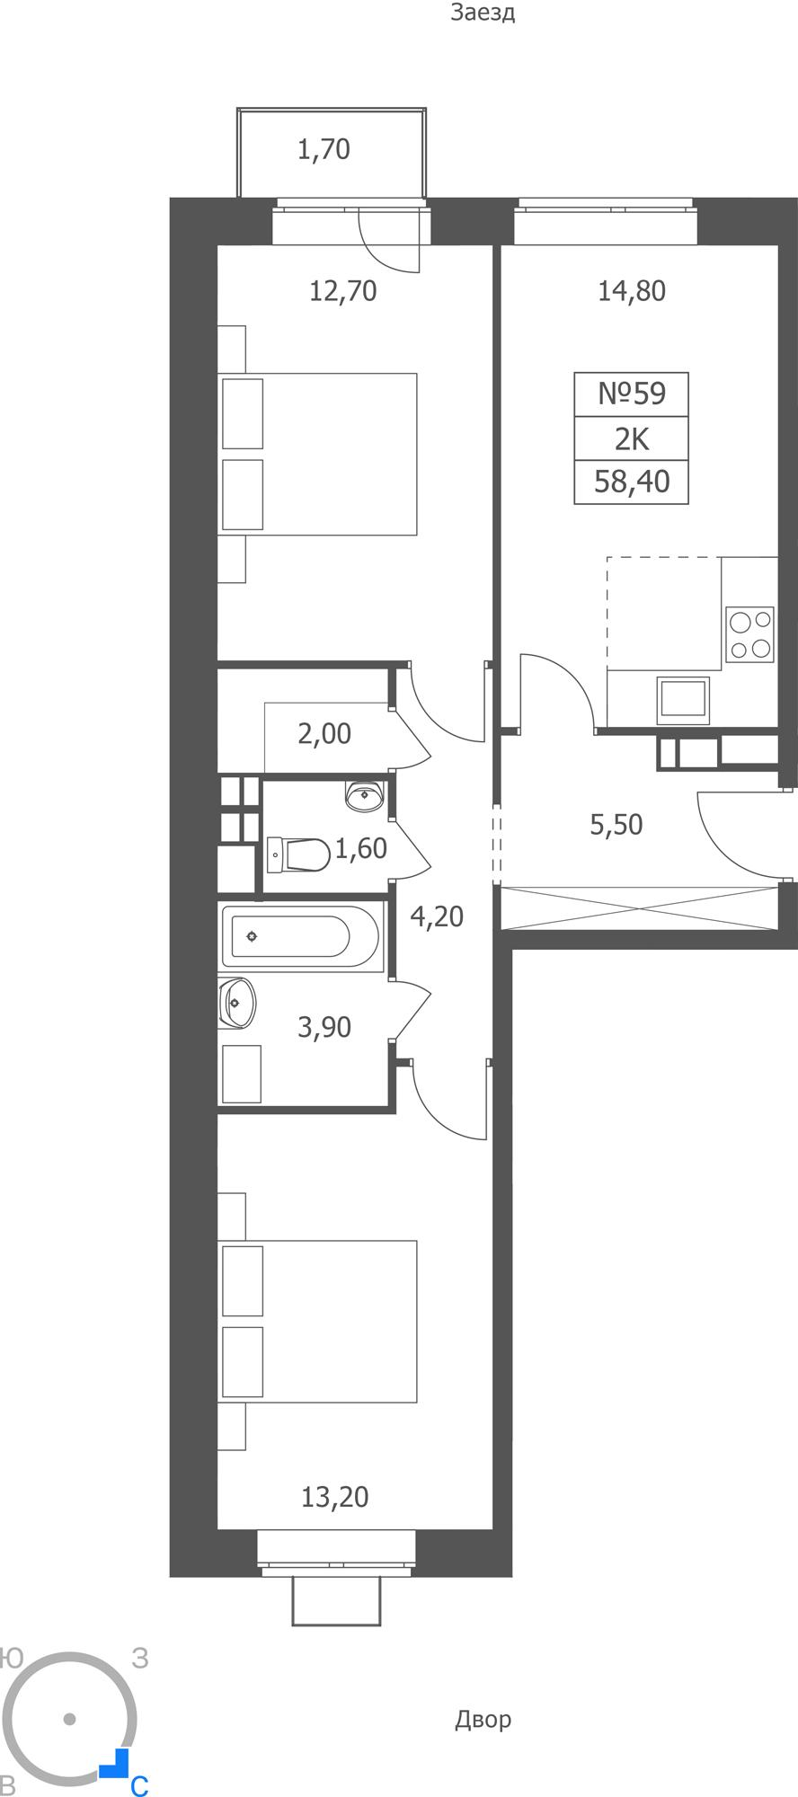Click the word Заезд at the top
(483, 13)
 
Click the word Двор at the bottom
(483, 1720)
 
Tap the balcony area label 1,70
(324, 149)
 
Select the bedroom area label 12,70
(342, 291)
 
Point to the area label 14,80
(632, 291)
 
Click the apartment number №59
(632, 394)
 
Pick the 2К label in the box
(632, 438)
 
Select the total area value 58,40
(632, 482)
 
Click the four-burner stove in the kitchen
(750, 634)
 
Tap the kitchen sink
(683, 700)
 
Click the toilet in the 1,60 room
(298, 854)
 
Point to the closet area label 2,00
(324, 734)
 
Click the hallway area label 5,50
(616, 825)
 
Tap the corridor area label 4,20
(437, 916)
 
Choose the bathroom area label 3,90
(324, 1027)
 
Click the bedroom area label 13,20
(335, 1497)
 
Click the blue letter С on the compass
(138, 1786)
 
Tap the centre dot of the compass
(69, 1720)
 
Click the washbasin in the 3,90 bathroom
(237, 1003)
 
